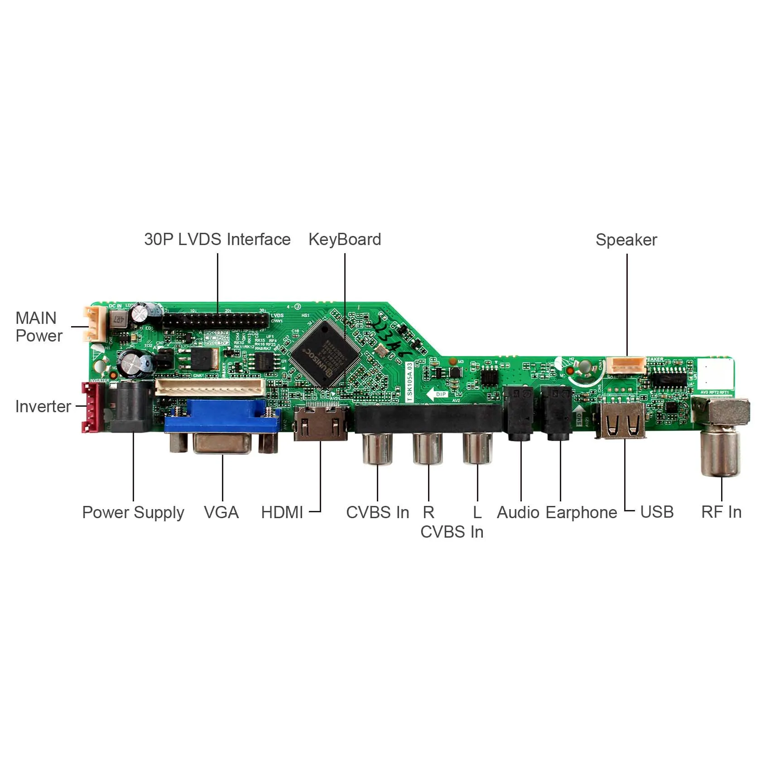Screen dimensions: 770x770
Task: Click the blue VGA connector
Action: click(222, 419)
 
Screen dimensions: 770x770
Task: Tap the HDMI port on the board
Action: click(321, 423)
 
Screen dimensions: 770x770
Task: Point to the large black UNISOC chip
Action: click(325, 353)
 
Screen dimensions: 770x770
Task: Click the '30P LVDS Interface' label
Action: click(217, 240)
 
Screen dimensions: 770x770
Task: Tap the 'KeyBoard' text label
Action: click(345, 240)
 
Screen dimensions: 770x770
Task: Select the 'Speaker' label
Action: click(626, 240)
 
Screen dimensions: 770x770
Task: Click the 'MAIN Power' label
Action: click(38, 327)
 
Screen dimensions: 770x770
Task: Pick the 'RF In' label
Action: click(721, 512)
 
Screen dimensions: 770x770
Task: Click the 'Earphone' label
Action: click(581, 512)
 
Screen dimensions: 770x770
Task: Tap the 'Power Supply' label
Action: click(133, 512)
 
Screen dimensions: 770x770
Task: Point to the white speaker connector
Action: click(626, 365)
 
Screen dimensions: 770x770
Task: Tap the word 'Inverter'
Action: click(43, 406)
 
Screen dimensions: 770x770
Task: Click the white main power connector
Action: click(94, 323)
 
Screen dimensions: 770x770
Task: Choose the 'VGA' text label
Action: click(221, 512)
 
